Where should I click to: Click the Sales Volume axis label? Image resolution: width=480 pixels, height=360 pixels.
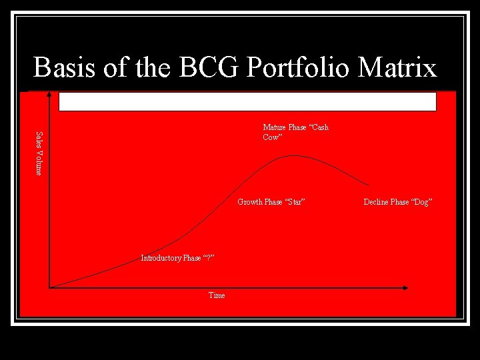tap(39, 153)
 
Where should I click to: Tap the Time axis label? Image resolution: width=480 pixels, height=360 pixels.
tap(217, 295)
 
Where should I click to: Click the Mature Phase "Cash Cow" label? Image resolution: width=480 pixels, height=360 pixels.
tap(295, 132)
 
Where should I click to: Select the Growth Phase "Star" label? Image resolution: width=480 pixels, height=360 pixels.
tap(271, 202)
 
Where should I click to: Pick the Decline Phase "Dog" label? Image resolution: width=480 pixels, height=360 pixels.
tap(398, 202)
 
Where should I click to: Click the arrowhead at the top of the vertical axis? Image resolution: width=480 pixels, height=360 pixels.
tap(49, 95)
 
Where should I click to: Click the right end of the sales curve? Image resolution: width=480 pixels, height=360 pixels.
tap(369, 185)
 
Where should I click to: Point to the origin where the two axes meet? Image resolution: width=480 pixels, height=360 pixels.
tap(50, 288)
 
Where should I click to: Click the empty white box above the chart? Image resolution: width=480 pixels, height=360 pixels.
tap(247, 101)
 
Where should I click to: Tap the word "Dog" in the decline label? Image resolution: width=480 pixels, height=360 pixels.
tap(421, 202)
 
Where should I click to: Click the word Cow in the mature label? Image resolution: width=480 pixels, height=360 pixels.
tap(271, 137)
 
